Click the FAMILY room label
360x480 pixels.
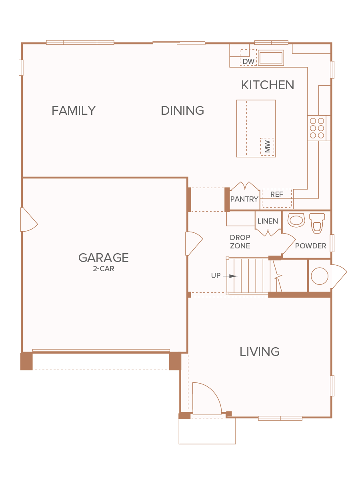pyautogui.click(x=74, y=110)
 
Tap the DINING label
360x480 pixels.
pyautogui.click(x=182, y=110)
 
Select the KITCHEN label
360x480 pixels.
pyautogui.click(x=268, y=85)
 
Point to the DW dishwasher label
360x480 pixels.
pyautogui.click(x=248, y=62)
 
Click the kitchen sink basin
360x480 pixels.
pyautogui.click(x=271, y=58)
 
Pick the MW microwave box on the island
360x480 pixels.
pyautogui.click(x=267, y=147)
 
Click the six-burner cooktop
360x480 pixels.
pyautogui.click(x=317, y=128)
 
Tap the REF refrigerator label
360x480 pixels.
pyautogui.click(x=277, y=194)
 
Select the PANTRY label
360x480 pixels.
pyautogui.click(x=244, y=199)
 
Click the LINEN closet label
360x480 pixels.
pyautogui.click(x=268, y=221)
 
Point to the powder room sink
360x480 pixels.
pyautogui.click(x=296, y=220)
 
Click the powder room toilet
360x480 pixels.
pyautogui.click(x=317, y=223)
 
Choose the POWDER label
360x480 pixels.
pyautogui.click(x=310, y=246)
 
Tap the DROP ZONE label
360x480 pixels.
pyautogui.click(x=240, y=242)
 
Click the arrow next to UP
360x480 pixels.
pyautogui.click(x=230, y=276)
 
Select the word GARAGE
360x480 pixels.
pyautogui.click(x=103, y=258)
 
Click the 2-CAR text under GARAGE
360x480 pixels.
pyautogui.click(x=103, y=269)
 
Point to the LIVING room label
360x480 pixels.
pyautogui.click(x=260, y=352)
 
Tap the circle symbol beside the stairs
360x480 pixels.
pyautogui.click(x=320, y=276)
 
